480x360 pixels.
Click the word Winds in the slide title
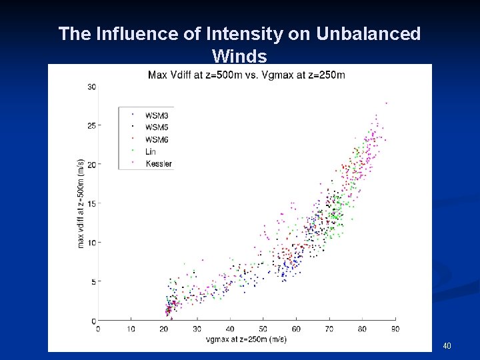pos(239,55)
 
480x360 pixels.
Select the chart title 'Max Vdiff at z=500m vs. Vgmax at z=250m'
pos(247,74)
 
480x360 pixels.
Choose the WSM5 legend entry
pos(156,127)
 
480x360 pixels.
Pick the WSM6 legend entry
pos(156,139)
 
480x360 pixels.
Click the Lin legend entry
pos(151,151)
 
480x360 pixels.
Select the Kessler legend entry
pos(158,163)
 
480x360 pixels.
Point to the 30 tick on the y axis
pos(92,87)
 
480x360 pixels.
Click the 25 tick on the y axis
pos(92,125)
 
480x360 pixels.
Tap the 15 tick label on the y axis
pos(92,203)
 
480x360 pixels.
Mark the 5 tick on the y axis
pos(94,281)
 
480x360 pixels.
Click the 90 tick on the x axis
pos(395,329)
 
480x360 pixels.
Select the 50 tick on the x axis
pos(263,329)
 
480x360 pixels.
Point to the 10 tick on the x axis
pos(131,329)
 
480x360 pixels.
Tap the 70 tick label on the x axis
pos(329,329)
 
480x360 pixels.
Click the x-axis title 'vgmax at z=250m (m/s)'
pos(247,340)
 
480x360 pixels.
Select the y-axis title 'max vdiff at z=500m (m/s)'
pos(81,203)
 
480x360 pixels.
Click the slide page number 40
pos(447,346)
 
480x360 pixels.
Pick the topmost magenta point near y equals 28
pos(386,103)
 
